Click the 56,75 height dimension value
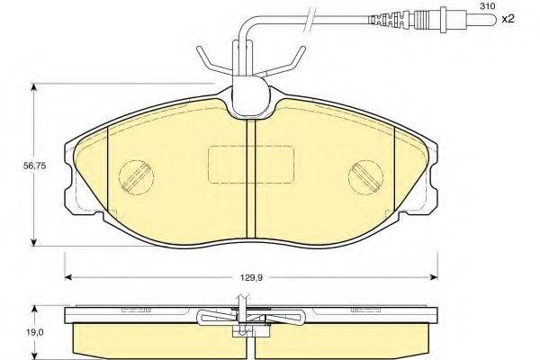tap(15, 164)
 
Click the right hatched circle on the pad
tap(367, 173)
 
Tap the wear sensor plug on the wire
tap(400, 18)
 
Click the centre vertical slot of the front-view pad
tap(251, 175)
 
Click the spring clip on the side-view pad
tap(250, 318)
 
